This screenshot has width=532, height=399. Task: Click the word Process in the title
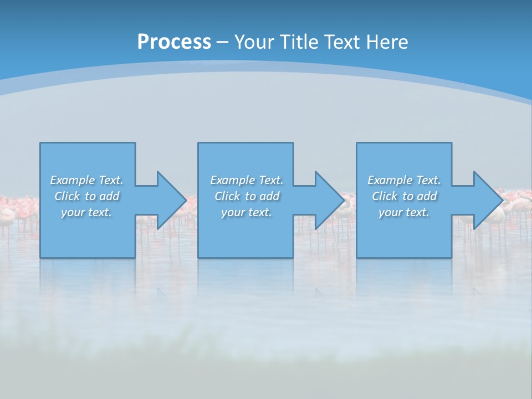pyautogui.click(x=174, y=42)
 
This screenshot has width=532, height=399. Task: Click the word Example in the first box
pyautogui.click(x=72, y=180)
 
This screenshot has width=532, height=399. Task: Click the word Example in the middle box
pyautogui.click(x=232, y=180)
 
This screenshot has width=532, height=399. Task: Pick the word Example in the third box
pyautogui.click(x=390, y=180)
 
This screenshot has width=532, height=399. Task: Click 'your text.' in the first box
pyautogui.click(x=86, y=212)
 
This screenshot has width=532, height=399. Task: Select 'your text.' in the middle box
pyautogui.click(x=247, y=212)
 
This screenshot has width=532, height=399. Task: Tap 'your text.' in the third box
pyautogui.click(x=404, y=212)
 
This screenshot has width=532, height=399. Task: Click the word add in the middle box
pyautogui.click(x=269, y=196)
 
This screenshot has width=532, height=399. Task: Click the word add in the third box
pyautogui.click(x=427, y=196)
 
